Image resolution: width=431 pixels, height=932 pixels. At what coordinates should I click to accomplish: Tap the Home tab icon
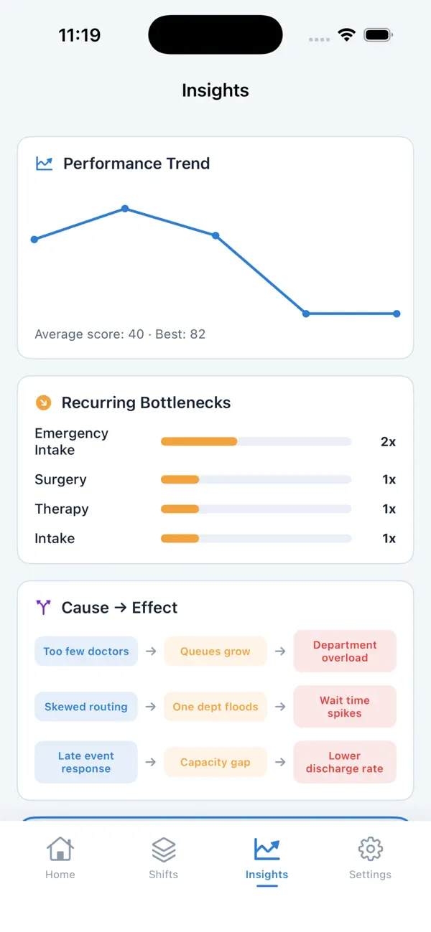60,849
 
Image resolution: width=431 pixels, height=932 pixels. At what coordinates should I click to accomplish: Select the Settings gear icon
370,849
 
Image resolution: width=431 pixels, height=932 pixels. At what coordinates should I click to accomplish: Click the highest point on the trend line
125,209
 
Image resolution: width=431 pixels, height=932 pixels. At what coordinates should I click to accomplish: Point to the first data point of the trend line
34,239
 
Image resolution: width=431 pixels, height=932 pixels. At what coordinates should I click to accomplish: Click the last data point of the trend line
397,314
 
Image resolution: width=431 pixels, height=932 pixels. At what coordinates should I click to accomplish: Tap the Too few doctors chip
86,651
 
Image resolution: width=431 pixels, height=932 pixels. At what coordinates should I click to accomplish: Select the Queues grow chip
215,651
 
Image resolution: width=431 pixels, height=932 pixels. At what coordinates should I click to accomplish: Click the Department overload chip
345,651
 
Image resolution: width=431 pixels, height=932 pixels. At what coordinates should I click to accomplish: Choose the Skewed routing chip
86,707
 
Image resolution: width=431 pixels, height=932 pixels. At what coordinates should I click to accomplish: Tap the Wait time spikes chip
345,707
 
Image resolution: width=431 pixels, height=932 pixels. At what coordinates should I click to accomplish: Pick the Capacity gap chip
215,762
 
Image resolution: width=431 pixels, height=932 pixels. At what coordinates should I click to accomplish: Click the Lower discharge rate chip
345,762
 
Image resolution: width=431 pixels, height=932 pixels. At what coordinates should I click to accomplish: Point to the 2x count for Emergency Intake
388,441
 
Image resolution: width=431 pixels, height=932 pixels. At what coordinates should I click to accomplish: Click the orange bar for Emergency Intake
199,441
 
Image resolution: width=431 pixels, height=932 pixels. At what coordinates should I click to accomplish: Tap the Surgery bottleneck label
61,480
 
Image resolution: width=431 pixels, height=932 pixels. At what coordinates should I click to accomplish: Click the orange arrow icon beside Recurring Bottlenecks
43,403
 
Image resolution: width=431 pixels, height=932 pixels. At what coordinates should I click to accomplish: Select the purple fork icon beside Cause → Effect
43,608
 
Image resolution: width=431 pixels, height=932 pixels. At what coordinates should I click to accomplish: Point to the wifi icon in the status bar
347,35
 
